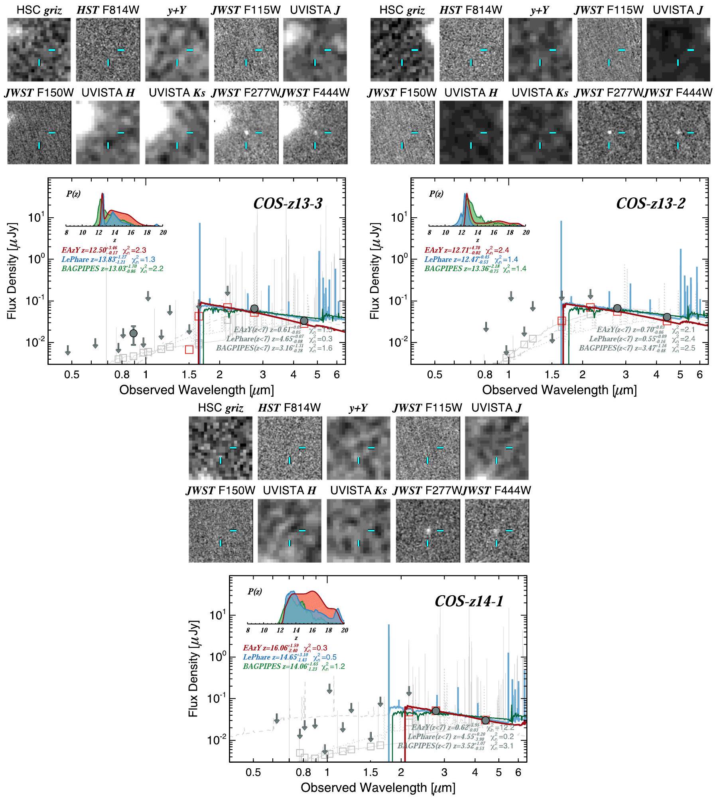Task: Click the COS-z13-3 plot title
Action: tap(288, 204)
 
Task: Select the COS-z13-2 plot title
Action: tap(650, 204)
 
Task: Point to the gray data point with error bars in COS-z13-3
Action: tap(134, 333)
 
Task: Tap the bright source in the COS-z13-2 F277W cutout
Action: tap(609, 131)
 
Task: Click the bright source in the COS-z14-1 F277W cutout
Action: tap(427, 531)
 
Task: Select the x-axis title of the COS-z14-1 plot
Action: tap(378, 787)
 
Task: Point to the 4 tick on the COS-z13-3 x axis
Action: tap(294, 375)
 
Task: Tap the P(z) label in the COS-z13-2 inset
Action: tap(436, 194)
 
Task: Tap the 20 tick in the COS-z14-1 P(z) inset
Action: tap(344, 630)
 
